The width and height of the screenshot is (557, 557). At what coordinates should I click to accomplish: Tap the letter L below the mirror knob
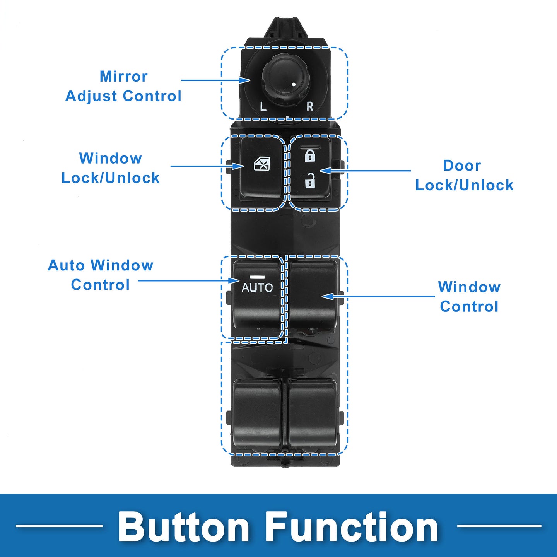tap(263, 106)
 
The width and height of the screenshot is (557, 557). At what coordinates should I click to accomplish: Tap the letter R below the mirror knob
tap(310, 107)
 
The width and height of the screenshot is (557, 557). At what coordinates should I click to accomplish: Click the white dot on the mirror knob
tap(294, 84)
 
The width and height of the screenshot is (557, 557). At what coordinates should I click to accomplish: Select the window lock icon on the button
tap(262, 164)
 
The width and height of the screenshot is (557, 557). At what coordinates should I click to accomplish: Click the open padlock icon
tap(310, 181)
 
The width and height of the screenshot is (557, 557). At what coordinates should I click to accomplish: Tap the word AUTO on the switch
tap(257, 287)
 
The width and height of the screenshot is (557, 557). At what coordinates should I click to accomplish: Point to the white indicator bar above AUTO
tap(257, 277)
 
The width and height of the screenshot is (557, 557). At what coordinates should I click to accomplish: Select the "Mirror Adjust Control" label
tap(123, 86)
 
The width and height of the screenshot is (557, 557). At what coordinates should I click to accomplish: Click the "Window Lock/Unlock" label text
tap(111, 168)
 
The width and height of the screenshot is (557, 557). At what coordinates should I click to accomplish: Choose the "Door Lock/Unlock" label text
tap(464, 175)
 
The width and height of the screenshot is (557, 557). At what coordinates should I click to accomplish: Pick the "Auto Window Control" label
tap(101, 275)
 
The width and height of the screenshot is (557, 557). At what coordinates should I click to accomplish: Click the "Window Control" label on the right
tap(469, 297)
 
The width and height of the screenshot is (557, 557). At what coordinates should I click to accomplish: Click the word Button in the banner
tap(184, 527)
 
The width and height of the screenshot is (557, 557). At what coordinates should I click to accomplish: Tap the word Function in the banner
tap(352, 527)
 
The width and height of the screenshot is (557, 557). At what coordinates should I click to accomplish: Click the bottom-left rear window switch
tap(257, 413)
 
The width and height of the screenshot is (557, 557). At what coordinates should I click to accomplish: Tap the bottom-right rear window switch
tap(313, 413)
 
